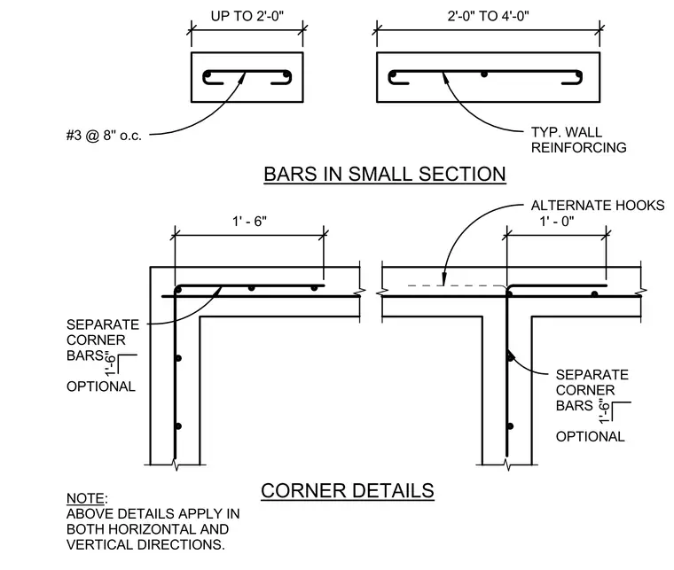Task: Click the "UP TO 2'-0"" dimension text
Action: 247,16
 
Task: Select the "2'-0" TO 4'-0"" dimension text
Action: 489,16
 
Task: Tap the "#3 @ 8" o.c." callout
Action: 104,136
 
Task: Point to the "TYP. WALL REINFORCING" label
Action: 578,140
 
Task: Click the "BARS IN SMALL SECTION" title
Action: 385,175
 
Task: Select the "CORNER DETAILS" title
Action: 348,491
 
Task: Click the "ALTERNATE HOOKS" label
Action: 598,206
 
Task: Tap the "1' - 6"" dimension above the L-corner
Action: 250,222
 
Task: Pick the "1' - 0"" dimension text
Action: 557,222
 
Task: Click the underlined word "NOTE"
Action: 85,499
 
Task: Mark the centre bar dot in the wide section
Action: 484,74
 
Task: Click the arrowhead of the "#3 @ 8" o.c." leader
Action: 243,77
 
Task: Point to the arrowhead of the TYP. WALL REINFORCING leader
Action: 445,77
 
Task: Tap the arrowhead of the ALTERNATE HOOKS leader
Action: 443,279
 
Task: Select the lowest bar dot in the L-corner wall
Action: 178,426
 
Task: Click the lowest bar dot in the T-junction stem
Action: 510,426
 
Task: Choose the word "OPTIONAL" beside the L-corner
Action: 101,387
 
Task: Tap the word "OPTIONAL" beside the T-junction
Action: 590,437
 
